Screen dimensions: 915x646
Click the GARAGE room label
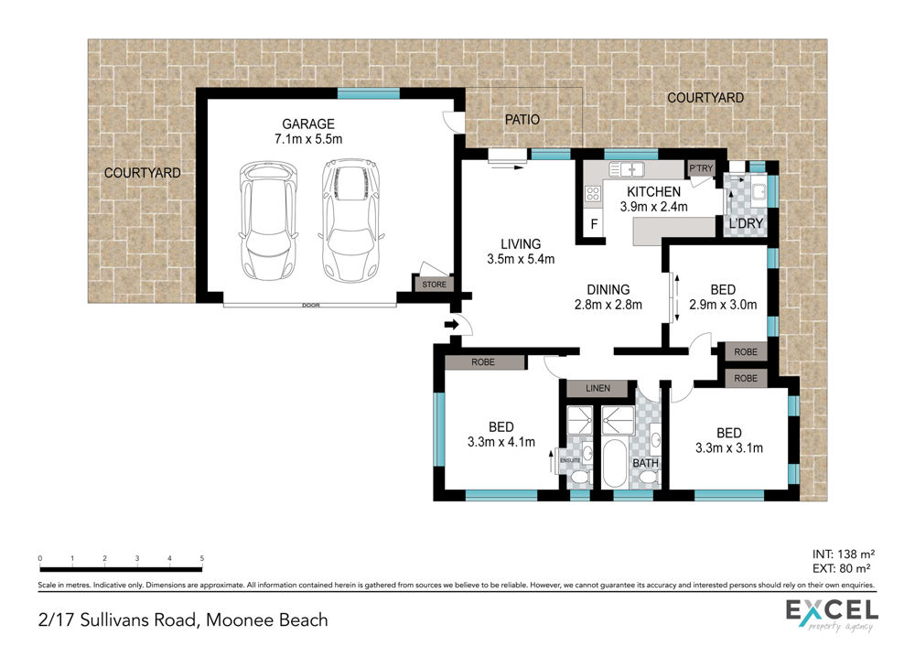click(x=308, y=124)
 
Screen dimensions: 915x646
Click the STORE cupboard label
click(x=434, y=285)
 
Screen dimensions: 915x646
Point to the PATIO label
click(x=522, y=120)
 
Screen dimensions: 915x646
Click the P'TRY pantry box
click(x=701, y=168)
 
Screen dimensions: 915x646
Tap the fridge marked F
click(x=594, y=223)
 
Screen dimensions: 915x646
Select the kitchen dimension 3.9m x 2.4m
click(x=653, y=207)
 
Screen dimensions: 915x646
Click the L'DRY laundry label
click(x=746, y=223)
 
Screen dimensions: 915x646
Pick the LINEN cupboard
click(x=598, y=388)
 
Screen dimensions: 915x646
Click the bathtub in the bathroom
click(x=615, y=464)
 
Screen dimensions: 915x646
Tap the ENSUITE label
click(x=569, y=460)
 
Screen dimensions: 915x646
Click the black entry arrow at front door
click(x=452, y=325)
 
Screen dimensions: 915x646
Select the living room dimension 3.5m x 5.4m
click(x=521, y=259)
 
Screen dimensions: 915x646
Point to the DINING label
click(x=608, y=289)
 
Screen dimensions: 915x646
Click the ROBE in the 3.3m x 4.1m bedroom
click(x=483, y=362)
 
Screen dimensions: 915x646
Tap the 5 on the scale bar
click(x=202, y=558)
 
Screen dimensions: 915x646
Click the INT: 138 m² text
click(x=844, y=554)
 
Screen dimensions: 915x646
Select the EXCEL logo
click(x=832, y=615)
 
